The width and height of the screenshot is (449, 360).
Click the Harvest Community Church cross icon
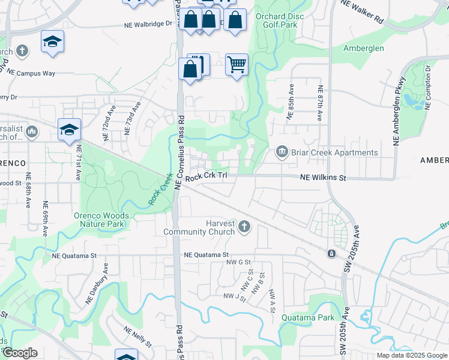pyautogui.click(x=244, y=227)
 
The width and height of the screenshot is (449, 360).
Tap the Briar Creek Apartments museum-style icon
pyautogui.click(x=282, y=153)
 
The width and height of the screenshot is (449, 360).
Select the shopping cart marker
pyautogui.click(x=237, y=64)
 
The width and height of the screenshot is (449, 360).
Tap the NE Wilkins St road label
pyautogui.click(x=324, y=178)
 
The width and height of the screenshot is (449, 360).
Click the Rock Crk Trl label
pyautogui.click(x=207, y=177)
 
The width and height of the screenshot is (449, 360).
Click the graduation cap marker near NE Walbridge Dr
pyautogui.click(x=52, y=41)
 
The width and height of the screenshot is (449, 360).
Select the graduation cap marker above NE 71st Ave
pyautogui.click(x=69, y=128)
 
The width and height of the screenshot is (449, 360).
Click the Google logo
pyautogui.click(x=20, y=353)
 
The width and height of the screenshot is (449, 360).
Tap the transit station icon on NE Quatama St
pyautogui.click(x=331, y=254)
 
